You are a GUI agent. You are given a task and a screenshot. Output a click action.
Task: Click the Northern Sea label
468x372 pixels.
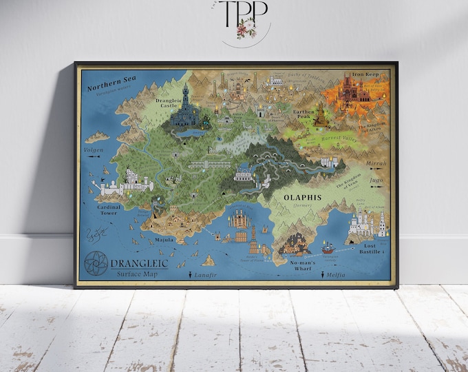coord(111,81)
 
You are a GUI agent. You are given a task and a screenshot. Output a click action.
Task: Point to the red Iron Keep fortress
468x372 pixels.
coord(356,90)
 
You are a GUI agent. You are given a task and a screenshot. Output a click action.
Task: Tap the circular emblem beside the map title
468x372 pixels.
coord(95,266)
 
